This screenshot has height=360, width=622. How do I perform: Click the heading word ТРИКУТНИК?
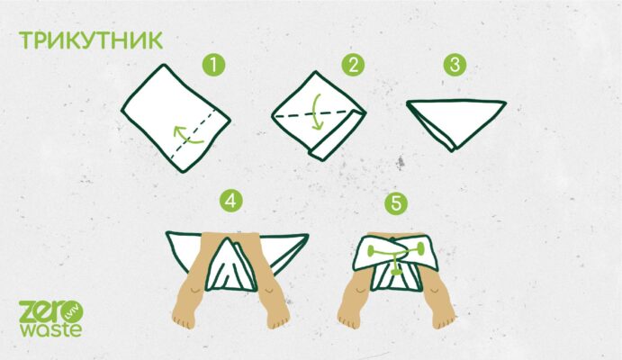[x=91, y=40]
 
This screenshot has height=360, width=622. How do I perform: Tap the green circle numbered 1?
[x=214, y=65]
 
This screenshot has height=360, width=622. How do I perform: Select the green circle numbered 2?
[x=353, y=65]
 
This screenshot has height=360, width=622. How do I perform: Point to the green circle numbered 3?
[x=455, y=65]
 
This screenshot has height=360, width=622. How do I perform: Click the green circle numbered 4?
[x=230, y=202]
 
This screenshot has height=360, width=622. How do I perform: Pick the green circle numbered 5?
[x=396, y=203]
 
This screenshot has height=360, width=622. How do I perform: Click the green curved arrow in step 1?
[x=186, y=136]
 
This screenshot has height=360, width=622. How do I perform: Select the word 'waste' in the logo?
[x=51, y=329]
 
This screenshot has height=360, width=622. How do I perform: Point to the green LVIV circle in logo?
[x=74, y=313]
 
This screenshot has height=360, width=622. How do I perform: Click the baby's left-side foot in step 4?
[x=184, y=318]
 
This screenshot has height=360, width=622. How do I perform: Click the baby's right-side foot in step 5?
[x=444, y=317]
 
